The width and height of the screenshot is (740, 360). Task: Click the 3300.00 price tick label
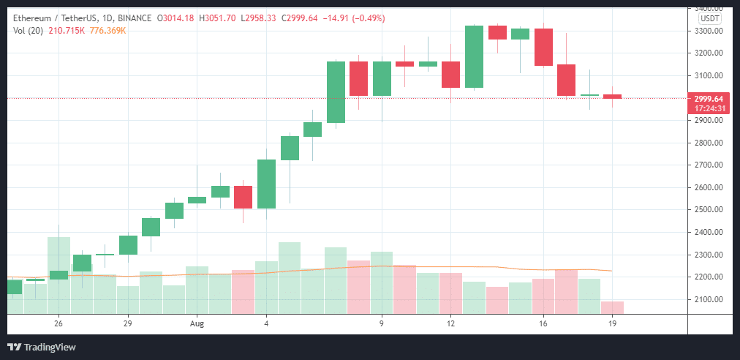[x=709, y=31]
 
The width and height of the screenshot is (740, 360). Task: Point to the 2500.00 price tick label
[x=709, y=210]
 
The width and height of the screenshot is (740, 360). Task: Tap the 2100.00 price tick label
[x=709, y=299]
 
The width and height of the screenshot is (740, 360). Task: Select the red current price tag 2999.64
[x=709, y=99]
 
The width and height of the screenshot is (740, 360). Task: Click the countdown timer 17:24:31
[x=709, y=108]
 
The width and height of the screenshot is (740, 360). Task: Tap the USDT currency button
[x=709, y=19]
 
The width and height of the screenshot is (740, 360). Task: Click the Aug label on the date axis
[x=197, y=323]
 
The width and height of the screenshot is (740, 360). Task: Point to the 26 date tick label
[x=58, y=323]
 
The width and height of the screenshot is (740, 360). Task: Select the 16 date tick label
[x=543, y=323]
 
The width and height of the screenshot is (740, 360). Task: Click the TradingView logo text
[x=49, y=347]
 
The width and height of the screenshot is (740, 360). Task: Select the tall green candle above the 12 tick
[x=474, y=56]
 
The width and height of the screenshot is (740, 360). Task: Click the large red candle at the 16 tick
[x=543, y=47]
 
